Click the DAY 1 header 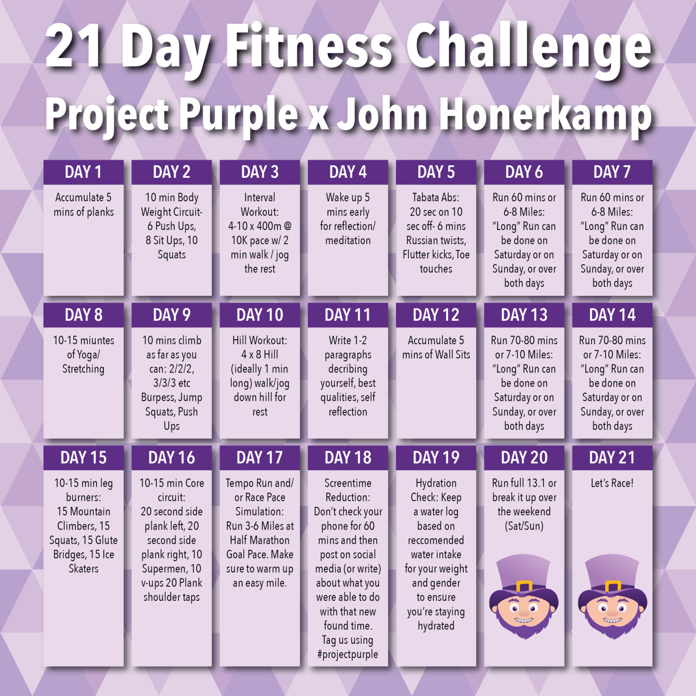coord(83,172)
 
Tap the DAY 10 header coord(260,315)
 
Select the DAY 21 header coord(612,458)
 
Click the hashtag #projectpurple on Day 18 coord(348,654)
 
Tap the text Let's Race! coord(612,483)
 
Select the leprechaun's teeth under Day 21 coord(612,620)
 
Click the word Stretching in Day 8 coord(83,369)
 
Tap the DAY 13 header coord(524,315)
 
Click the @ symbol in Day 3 coord(288,226)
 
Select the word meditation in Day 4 coord(348,240)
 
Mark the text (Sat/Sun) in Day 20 coord(524,526)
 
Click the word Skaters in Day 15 coord(83,569)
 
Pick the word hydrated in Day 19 coord(436,626)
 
